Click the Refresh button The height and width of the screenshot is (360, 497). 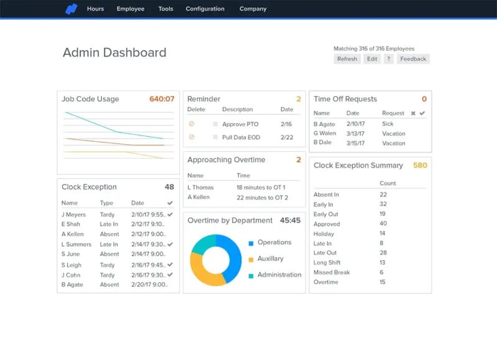click(347, 59)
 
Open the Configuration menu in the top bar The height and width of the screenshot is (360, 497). click(205, 9)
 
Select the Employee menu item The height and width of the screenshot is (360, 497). click(130, 9)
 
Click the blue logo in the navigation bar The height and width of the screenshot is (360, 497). click(71, 9)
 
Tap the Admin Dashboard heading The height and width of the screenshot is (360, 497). click(114, 53)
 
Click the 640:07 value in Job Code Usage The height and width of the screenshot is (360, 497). click(162, 99)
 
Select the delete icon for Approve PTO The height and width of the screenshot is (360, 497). click(191, 124)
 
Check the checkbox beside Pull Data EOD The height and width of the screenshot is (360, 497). click(216, 137)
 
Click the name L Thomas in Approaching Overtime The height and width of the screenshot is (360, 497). click(201, 187)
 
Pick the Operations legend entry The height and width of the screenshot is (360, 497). click(274, 242)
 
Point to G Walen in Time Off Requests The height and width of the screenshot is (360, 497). click(324, 133)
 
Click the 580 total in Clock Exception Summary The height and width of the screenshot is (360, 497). click(420, 165)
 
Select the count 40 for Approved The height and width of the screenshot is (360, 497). click(383, 224)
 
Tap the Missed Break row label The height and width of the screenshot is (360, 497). click(332, 272)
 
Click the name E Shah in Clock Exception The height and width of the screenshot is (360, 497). click(71, 224)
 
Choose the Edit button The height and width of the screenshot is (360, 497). click(372, 59)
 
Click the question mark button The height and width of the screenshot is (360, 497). click(388, 59)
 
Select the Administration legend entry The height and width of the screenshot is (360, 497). click(279, 275)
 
